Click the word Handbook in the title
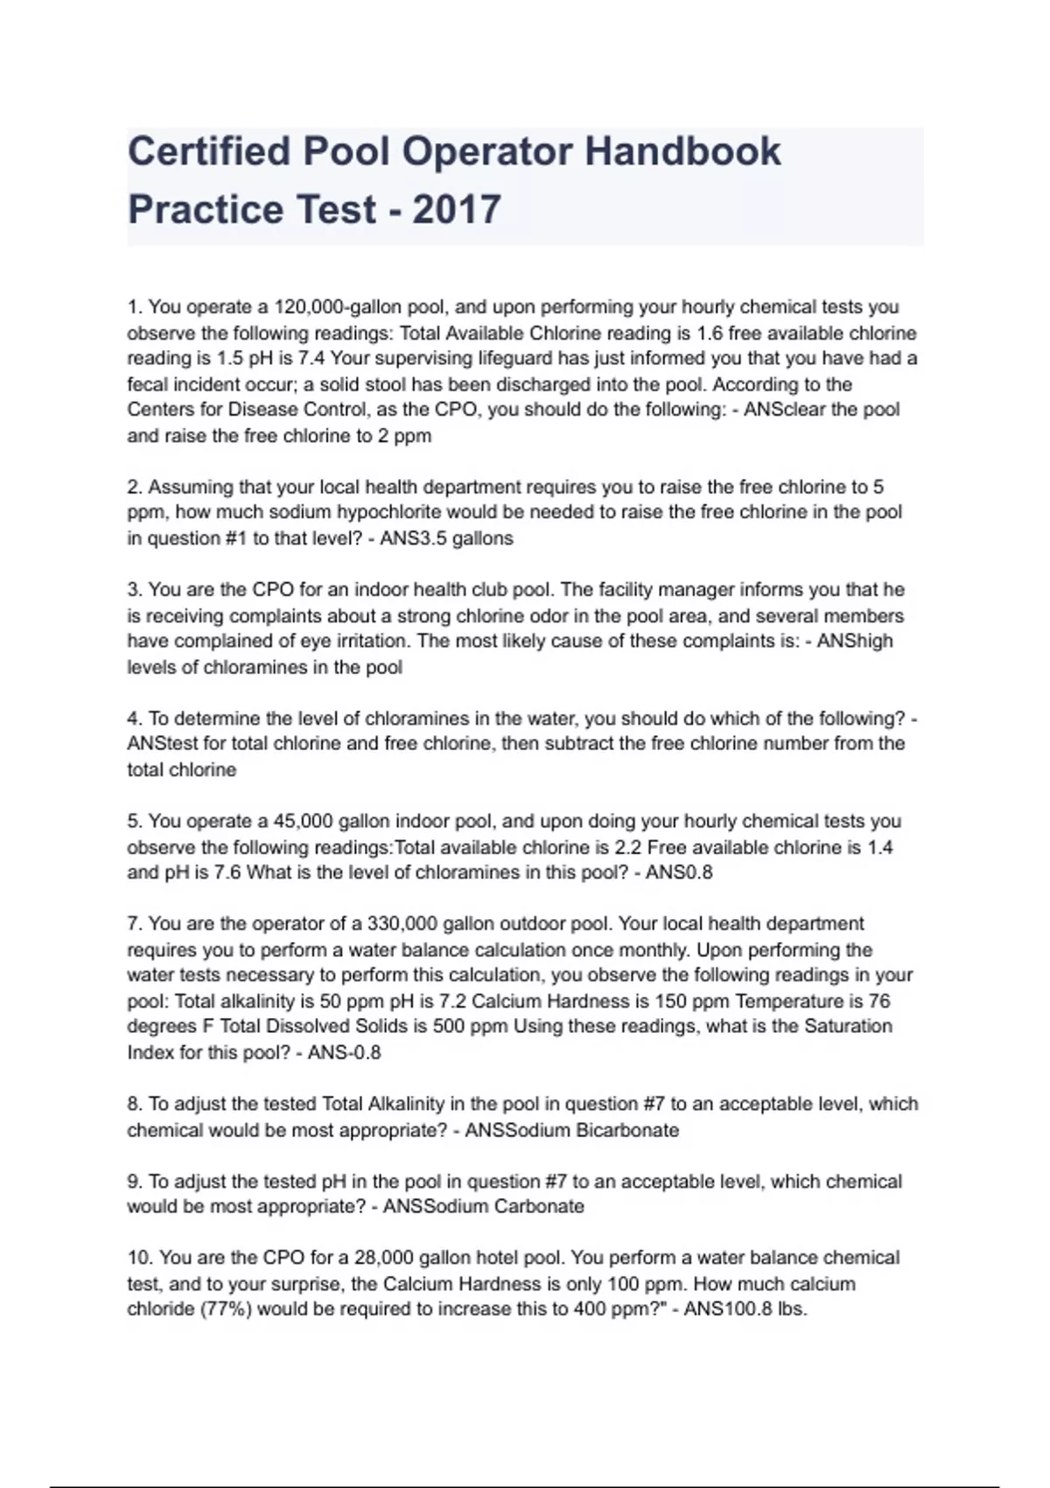tap(682, 151)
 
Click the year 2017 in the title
tap(456, 209)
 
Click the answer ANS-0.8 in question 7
tap(344, 1052)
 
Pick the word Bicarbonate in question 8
tap(626, 1130)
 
